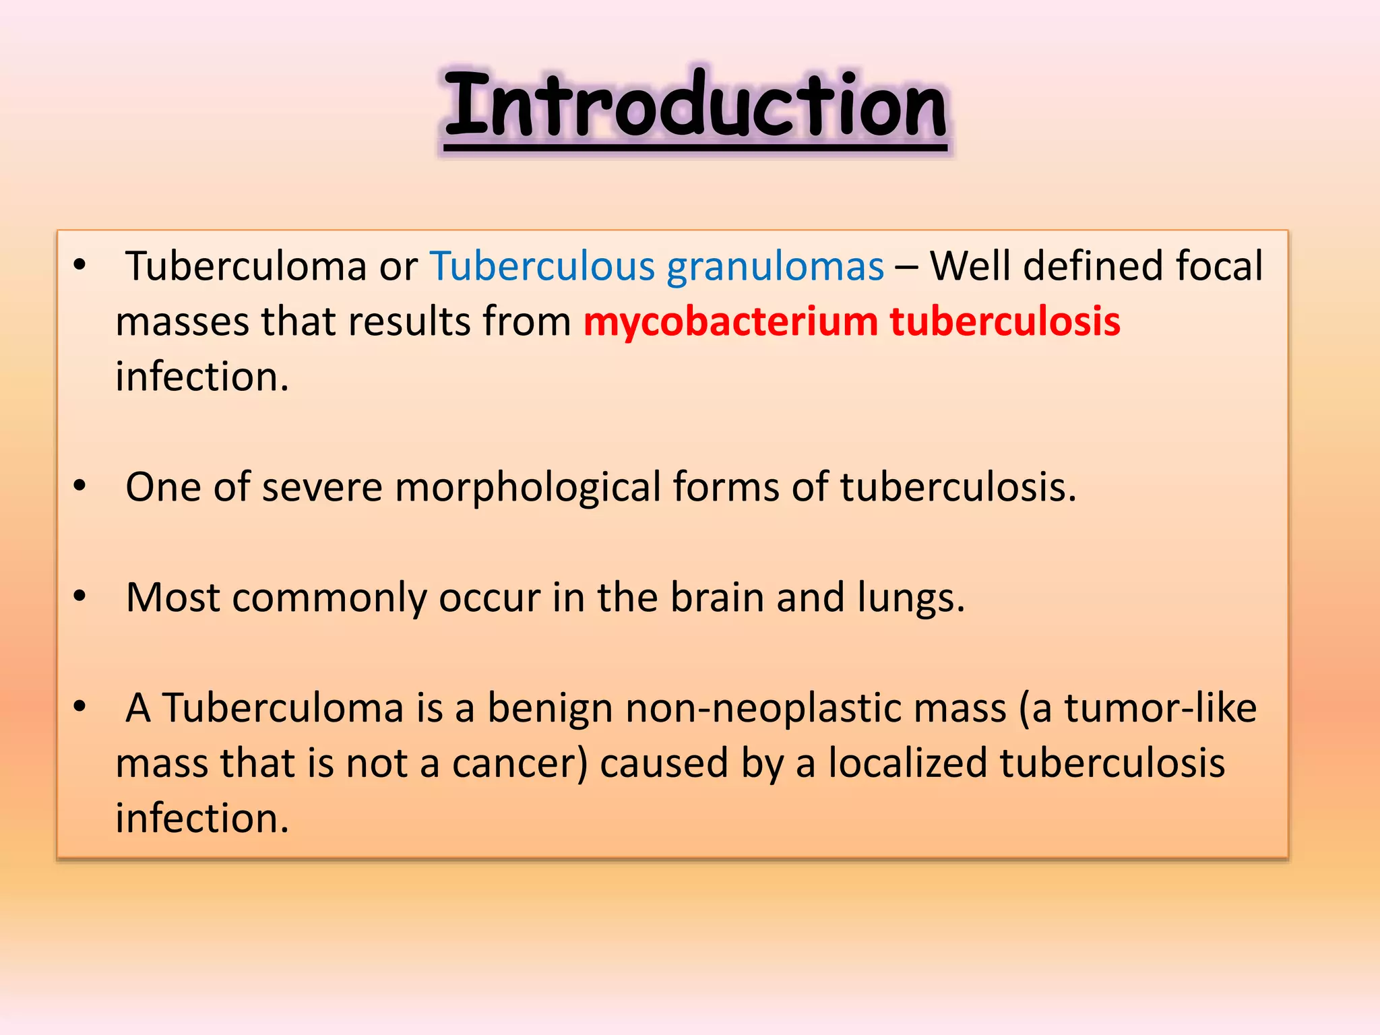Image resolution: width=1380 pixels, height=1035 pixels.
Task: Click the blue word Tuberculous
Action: point(542,266)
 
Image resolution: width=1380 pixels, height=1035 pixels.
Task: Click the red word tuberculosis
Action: point(1005,321)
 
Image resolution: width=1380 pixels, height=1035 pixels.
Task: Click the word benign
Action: point(550,709)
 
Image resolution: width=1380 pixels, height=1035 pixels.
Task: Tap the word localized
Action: point(907,763)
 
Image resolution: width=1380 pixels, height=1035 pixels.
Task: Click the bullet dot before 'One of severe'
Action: point(80,485)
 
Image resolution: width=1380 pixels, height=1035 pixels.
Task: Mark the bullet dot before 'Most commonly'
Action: point(80,596)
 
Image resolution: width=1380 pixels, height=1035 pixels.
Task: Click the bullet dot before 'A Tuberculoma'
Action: point(80,706)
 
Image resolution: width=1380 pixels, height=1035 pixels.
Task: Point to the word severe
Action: point(322,488)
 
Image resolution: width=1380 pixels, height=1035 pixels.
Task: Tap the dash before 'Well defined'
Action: point(906,267)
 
